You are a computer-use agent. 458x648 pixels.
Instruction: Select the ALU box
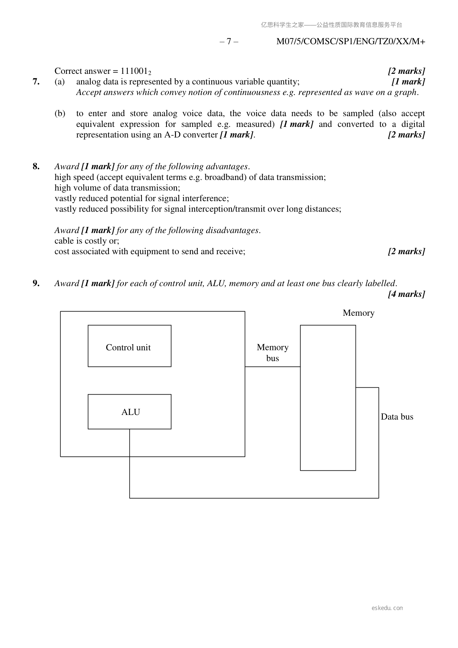click(x=129, y=411)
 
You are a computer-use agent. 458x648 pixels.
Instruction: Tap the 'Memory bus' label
click(x=272, y=353)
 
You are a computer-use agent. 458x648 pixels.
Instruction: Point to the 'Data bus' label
click(x=397, y=417)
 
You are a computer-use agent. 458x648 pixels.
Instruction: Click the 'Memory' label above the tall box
click(x=358, y=313)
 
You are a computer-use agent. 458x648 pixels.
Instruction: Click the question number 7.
click(x=36, y=82)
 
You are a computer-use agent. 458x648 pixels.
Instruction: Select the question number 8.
click(x=36, y=167)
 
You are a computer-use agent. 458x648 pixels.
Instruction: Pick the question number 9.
click(x=36, y=283)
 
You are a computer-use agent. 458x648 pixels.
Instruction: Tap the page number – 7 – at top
click(x=229, y=42)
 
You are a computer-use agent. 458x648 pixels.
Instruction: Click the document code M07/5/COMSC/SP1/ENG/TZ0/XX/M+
click(x=351, y=42)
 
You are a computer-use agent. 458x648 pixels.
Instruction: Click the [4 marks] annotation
click(x=406, y=294)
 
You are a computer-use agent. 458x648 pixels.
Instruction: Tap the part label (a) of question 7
click(x=60, y=82)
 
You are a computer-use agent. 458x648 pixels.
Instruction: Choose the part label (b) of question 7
click(x=60, y=113)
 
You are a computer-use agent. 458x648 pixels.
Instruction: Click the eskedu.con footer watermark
click(x=387, y=608)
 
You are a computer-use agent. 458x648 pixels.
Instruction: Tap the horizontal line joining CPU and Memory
click(x=272, y=367)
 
